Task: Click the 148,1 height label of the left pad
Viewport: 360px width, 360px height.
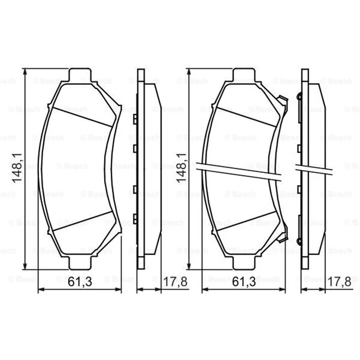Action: click(x=17, y=168)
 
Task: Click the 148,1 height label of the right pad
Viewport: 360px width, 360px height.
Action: click(x=181, y=168)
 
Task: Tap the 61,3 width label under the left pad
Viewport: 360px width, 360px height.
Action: click(x=80, y=282)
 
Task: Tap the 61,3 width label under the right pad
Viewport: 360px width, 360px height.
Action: click(x=243, y=282)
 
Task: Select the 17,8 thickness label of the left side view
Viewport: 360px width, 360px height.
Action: click(x=175, y=282)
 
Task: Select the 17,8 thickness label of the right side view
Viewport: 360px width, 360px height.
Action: click(x=339, y=282)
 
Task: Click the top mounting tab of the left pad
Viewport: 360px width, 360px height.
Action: click(x=80, y=75)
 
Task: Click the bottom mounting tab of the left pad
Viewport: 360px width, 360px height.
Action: click(x=80, y=263)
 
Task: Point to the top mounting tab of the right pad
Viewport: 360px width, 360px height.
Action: click(x=244, y=75)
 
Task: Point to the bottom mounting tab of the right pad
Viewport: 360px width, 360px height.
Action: click(x=244, y=263)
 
